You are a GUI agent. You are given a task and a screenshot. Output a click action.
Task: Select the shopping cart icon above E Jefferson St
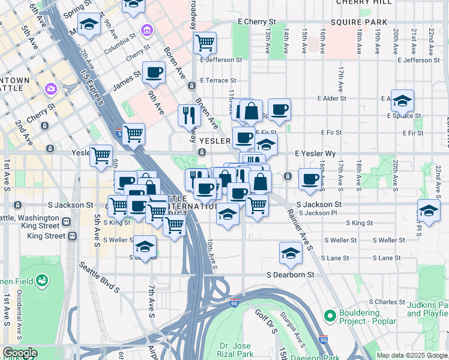(205, 43)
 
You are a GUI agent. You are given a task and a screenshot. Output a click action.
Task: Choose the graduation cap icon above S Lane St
(291, 253)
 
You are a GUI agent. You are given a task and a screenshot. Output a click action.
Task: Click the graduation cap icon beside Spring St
(89, 25)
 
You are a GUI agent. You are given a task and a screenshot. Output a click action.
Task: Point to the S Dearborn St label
(291, 275)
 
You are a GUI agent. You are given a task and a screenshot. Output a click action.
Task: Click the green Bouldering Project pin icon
(329, 316)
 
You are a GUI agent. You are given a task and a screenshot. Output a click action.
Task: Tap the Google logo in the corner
(19, 353)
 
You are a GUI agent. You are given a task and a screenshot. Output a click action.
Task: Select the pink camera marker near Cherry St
(50, 89)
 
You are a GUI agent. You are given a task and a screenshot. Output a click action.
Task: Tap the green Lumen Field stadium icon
(41, 280)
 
